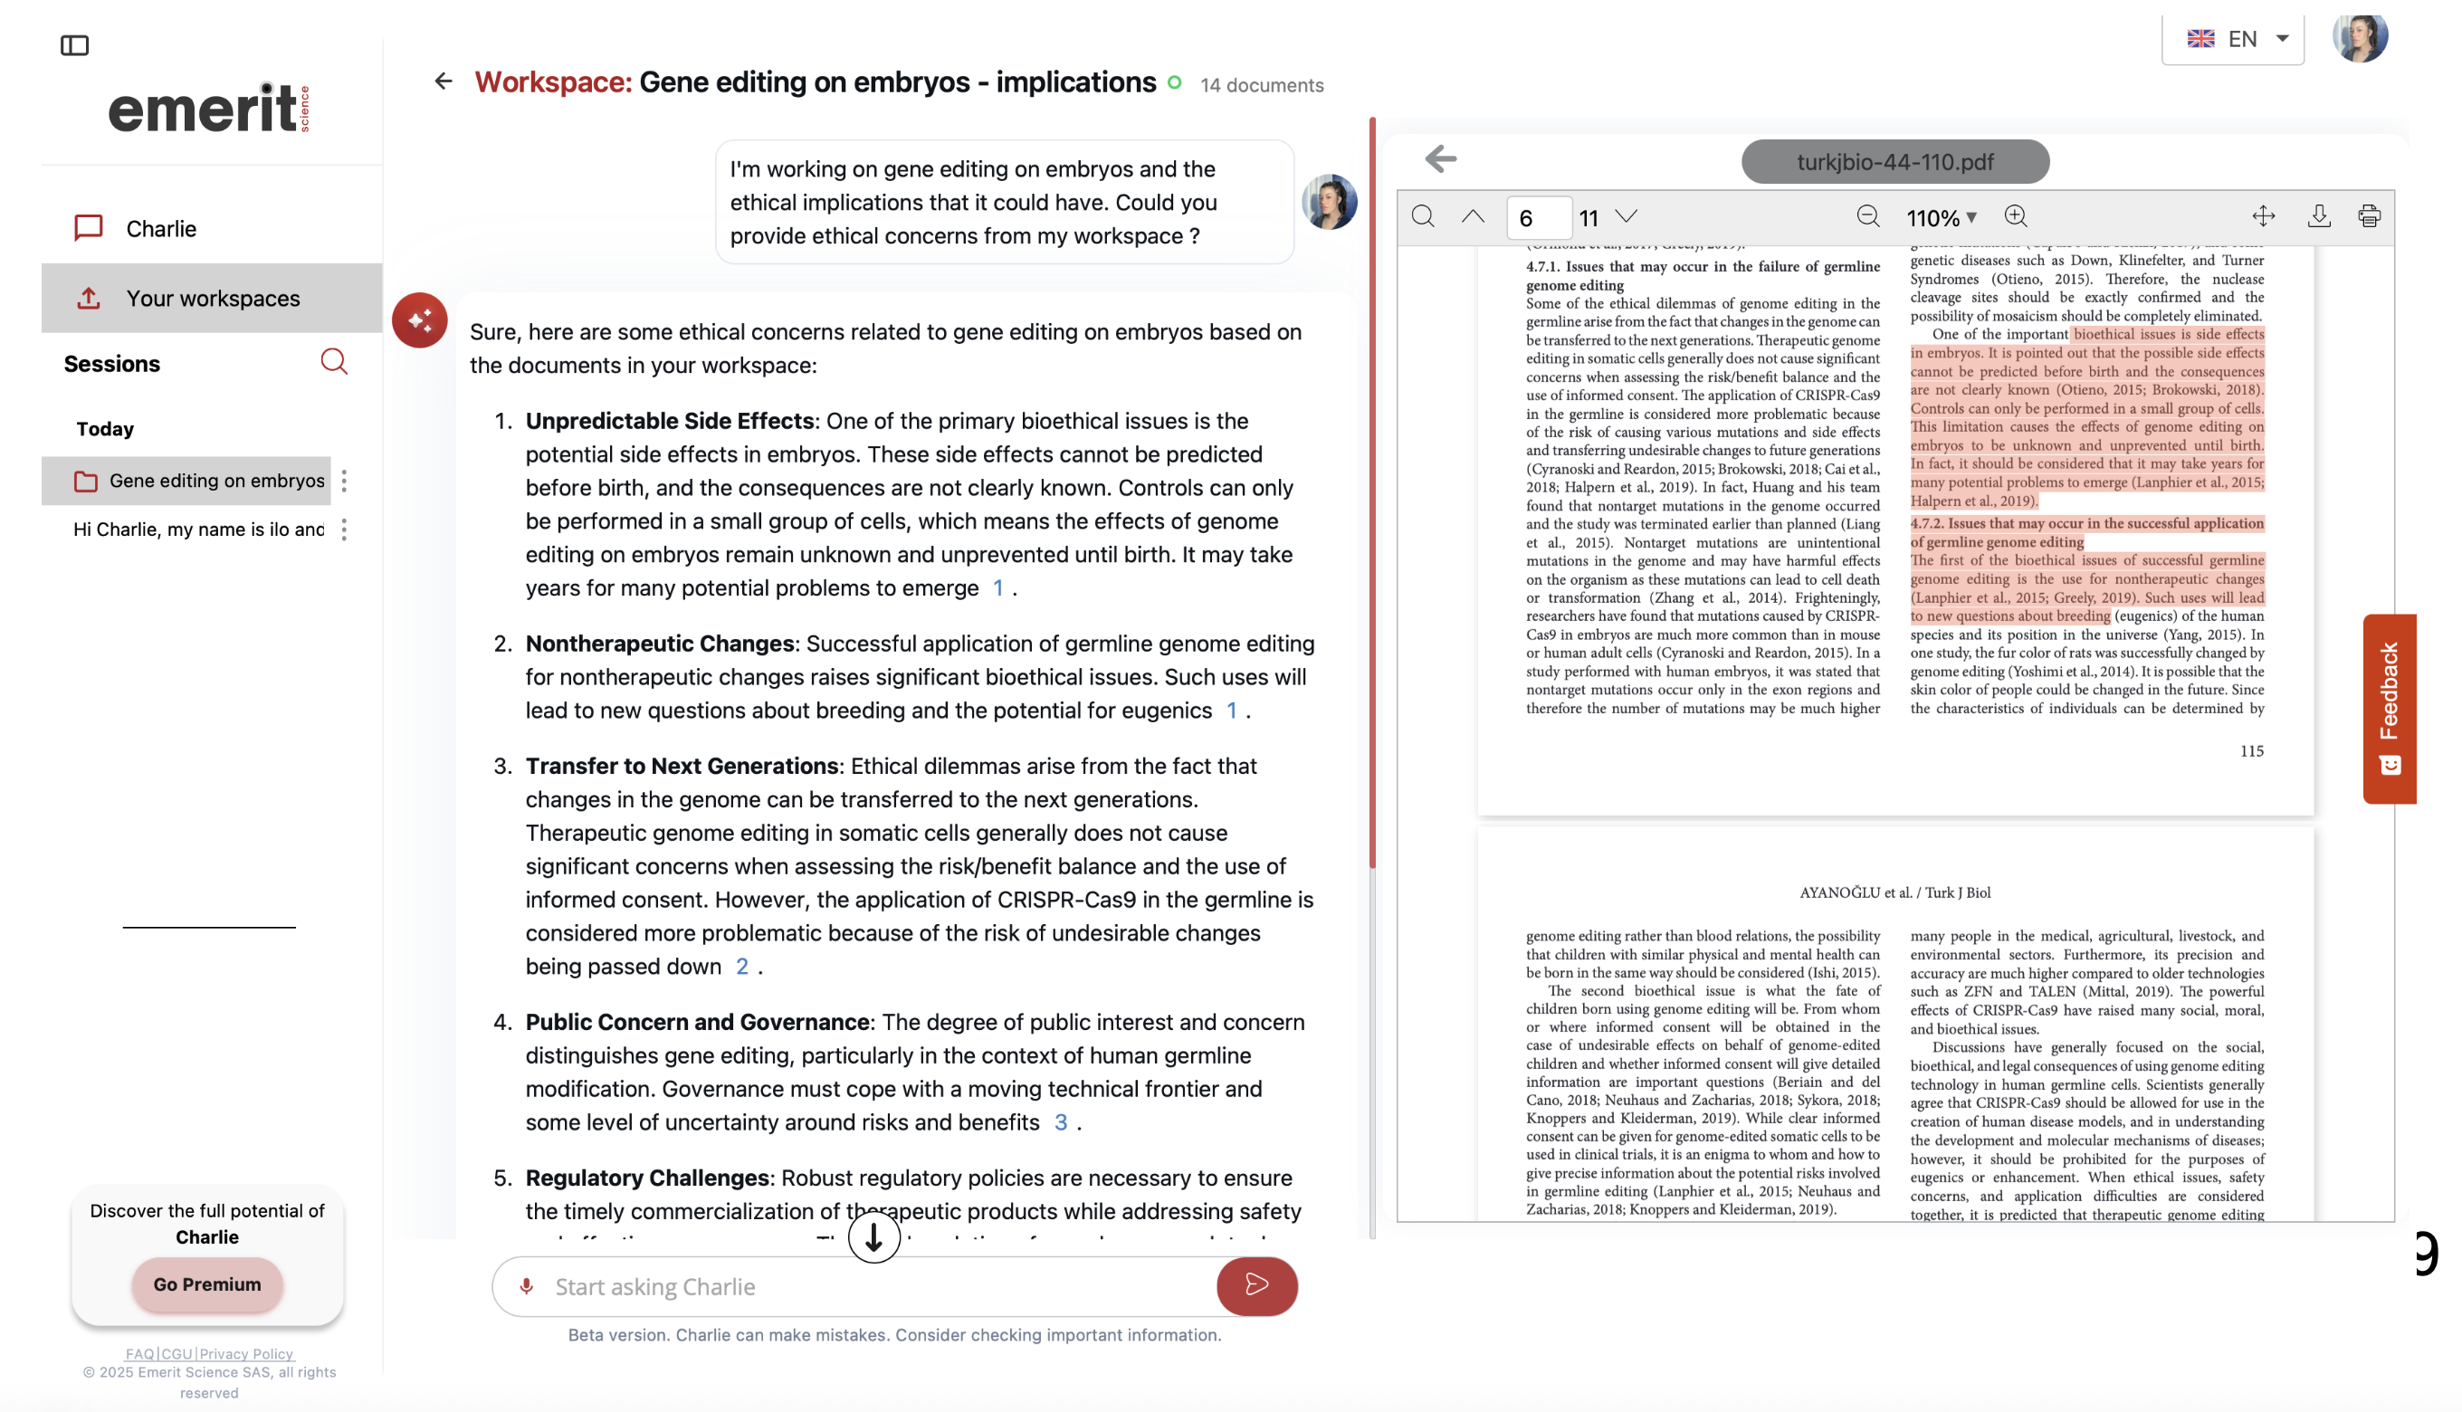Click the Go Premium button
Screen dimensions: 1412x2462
point(206,1284)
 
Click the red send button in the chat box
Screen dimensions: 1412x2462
point(1256,1285)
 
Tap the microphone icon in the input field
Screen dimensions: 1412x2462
point(527,1286)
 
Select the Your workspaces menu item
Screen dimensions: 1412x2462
point(212,298)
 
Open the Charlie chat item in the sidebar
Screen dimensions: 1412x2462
point(160,228)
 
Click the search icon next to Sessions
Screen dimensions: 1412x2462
point(334,362)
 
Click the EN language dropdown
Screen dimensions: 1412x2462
point(2233,39)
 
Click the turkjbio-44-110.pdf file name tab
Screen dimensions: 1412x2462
point(1894,161)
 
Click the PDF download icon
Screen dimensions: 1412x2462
point(2318,216)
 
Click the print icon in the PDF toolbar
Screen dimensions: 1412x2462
point(2369,216)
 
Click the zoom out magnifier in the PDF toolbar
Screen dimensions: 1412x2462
point(1867,216)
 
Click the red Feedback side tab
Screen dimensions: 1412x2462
point(2389,708)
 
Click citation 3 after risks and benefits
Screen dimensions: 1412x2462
point(1061,1122)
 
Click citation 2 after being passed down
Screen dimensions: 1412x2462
point(742,966)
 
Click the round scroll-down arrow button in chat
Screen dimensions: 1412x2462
point(873,1236)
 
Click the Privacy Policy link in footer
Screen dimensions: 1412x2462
point(246,1353)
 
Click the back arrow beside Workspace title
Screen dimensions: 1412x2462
point(444,81)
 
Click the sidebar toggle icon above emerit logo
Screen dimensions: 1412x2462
point(74,45)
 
